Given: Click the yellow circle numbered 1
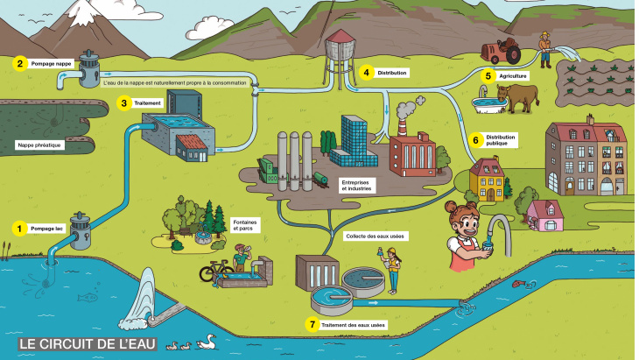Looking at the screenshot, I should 18,228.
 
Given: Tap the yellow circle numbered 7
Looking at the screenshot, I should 312,324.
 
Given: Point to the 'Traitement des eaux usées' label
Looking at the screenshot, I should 355,325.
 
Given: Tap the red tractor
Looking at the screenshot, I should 503,52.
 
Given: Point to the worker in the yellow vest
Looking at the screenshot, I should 393,270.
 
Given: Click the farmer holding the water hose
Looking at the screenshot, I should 545,49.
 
